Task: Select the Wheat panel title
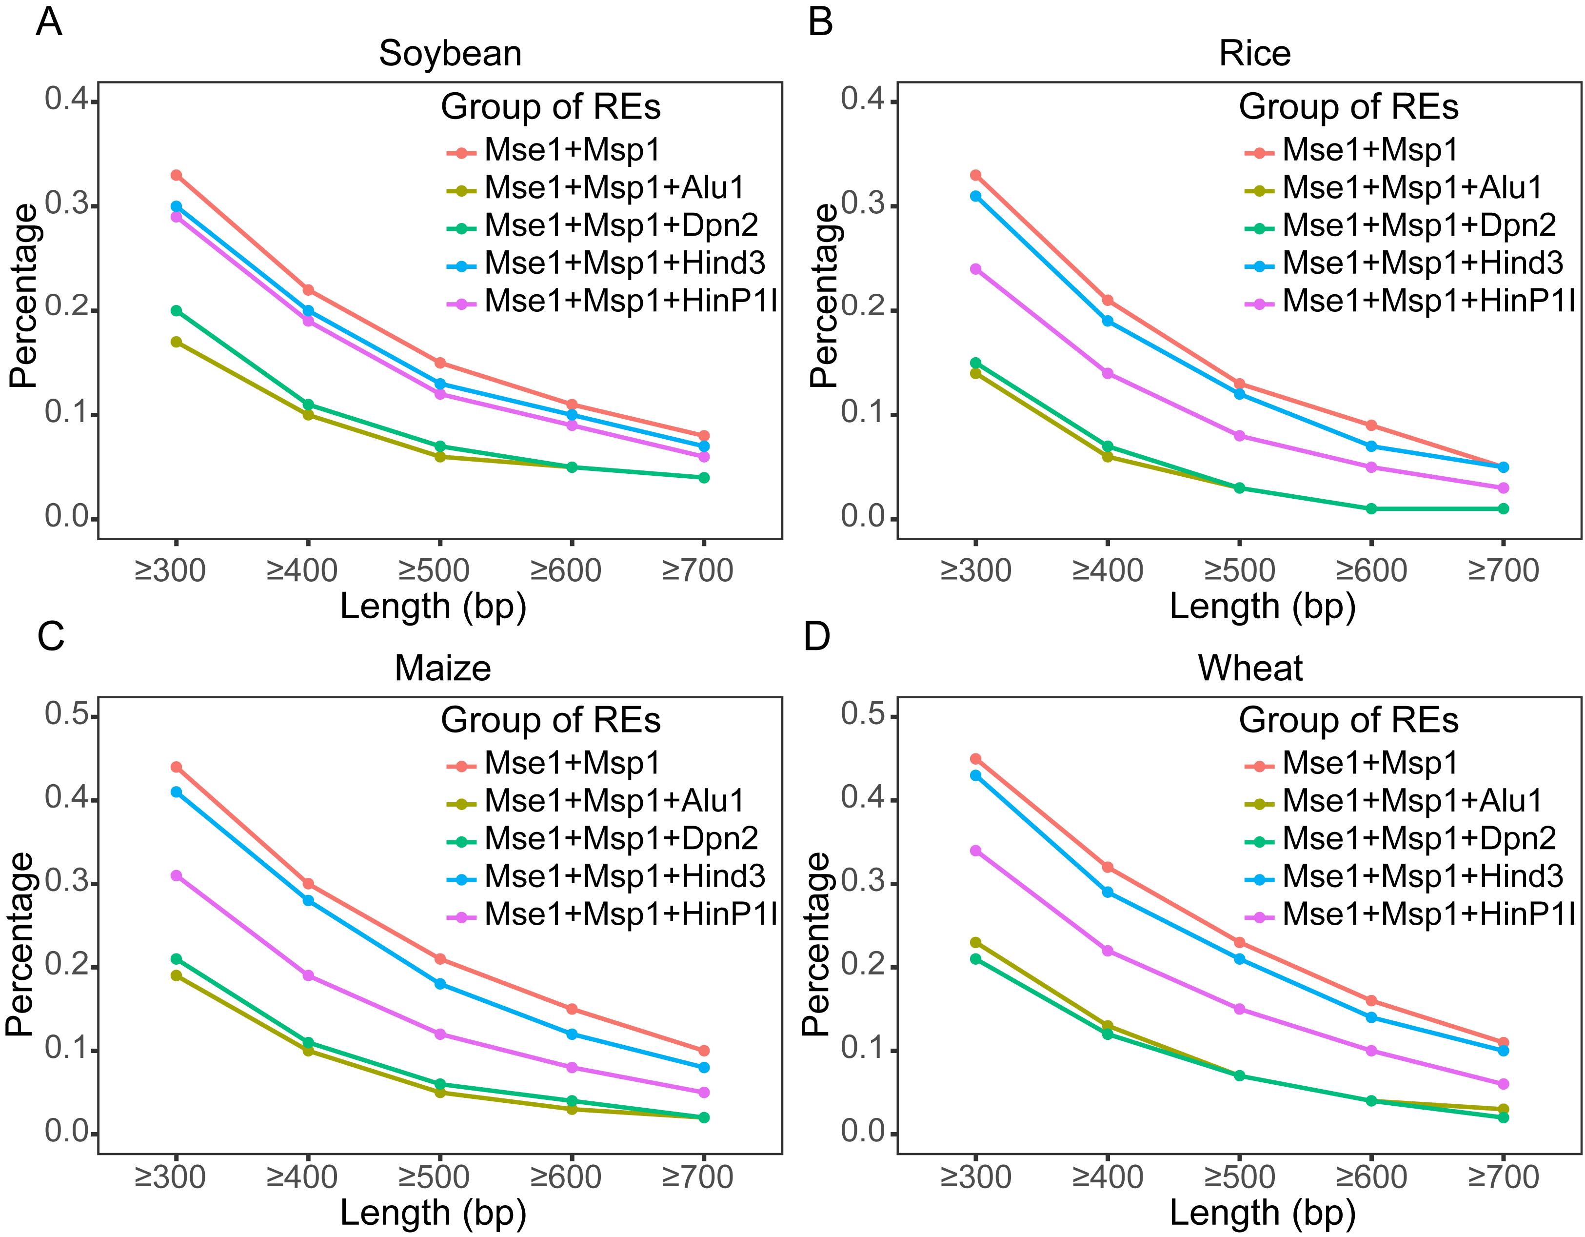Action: [1249, 668]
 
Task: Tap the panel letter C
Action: [51, 637]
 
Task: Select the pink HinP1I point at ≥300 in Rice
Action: [975, 268]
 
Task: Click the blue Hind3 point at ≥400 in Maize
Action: [308, 900]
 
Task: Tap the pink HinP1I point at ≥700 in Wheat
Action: [1503, 1084]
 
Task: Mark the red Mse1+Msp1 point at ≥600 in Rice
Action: [1371, 426]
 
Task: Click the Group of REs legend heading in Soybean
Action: [551, 107]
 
